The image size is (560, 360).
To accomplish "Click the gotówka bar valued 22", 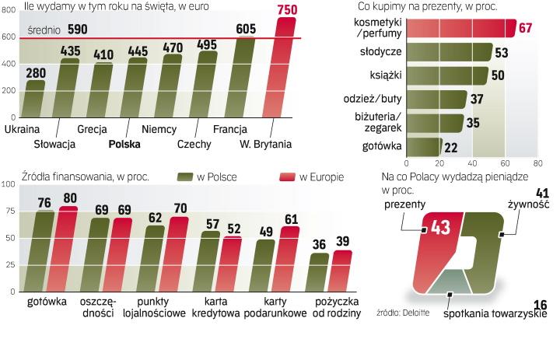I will click(x=425, y=146).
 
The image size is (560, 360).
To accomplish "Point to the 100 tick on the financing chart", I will click(x=9, y=185).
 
